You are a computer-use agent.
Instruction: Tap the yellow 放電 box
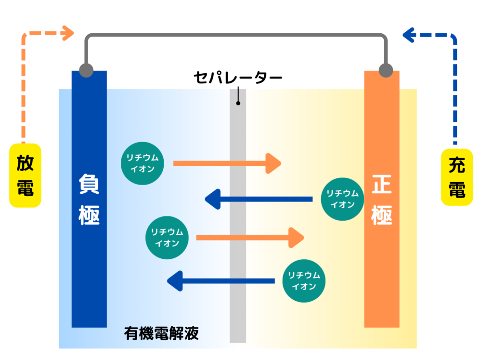click(25, 175)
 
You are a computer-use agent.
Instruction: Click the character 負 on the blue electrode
click(89, 184)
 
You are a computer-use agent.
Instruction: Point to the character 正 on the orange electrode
click(381, 185)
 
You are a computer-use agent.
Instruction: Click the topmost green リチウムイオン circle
click(143, 163)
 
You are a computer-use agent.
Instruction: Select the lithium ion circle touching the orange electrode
click(342, 199)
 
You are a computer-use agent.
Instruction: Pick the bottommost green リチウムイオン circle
click(304, 281)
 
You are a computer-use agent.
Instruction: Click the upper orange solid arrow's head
click(274, 163)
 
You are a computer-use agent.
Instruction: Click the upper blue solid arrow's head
click(212, 199)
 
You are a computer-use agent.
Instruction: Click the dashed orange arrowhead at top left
click(68, 33)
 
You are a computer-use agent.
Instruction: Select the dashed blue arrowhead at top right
click(408, 34)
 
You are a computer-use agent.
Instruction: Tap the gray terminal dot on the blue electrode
click(86, 70)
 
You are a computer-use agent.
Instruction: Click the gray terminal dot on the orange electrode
click(386, 70)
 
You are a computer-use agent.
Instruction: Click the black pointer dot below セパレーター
click(238, 103)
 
